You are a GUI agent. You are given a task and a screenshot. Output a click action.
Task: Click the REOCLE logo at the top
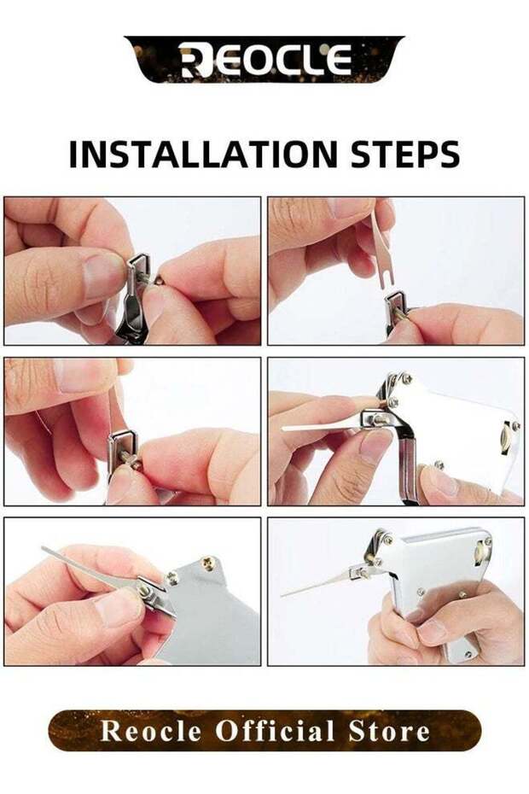tap(264, 60)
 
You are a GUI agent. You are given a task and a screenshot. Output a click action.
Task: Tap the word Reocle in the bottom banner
tap(151, 732)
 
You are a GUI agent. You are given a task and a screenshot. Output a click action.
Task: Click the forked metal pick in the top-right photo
tap(380, 252)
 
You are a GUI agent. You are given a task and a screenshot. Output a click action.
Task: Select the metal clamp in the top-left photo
tap(137, 282)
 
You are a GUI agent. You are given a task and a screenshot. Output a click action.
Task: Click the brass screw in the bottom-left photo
tap(206, 564)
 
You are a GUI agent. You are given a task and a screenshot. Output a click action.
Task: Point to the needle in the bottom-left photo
tap(85, 564)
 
